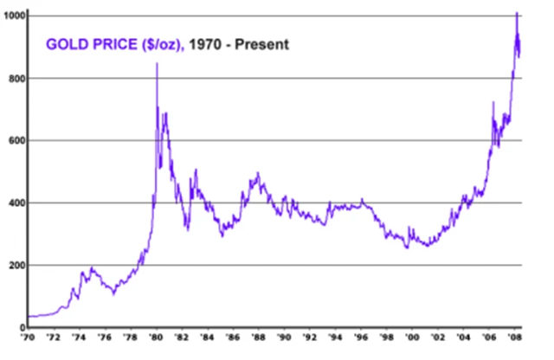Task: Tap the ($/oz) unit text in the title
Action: click(160, 44)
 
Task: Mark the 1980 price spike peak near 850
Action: click(157, 64)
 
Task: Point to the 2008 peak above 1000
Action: click(517, 13)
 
